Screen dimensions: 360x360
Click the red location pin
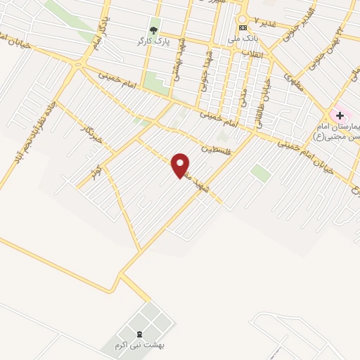pyautogui.click(x=181, y=166)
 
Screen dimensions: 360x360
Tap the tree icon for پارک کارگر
pyautogui.click(x=153, y=30)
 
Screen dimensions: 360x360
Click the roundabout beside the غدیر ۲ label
pyautogui.click(x=243, y=19)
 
